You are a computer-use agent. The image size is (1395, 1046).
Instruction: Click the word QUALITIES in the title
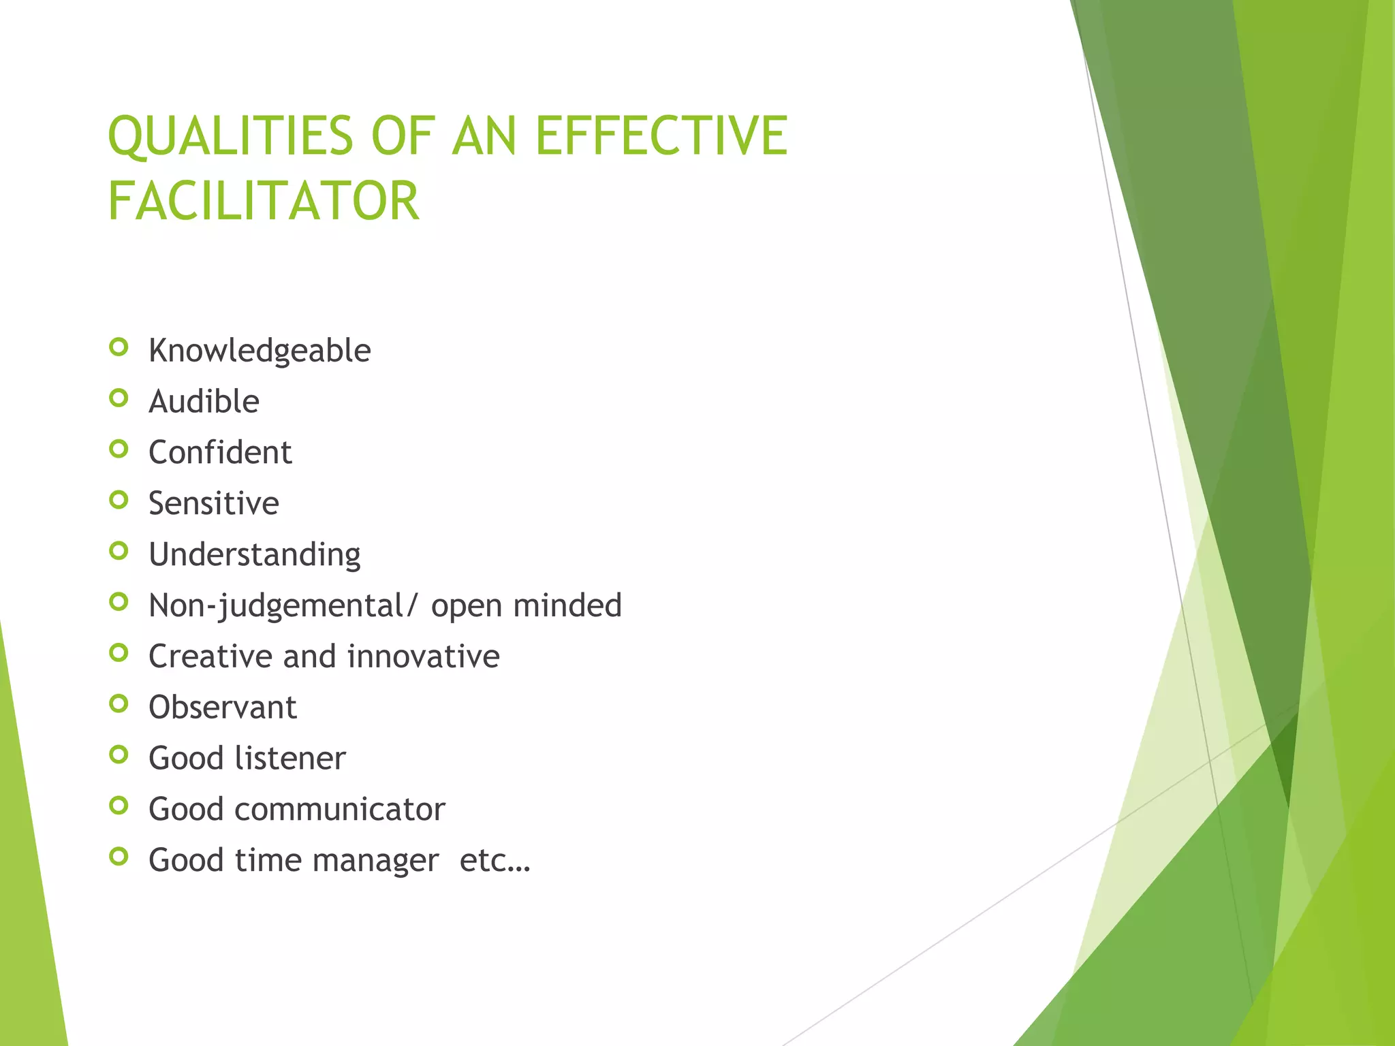[230, 136]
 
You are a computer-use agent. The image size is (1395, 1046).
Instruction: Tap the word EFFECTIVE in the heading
[661, 136]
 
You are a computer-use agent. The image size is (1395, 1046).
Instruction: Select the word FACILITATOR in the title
[264, 202]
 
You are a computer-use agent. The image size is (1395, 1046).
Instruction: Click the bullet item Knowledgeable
[260, 351]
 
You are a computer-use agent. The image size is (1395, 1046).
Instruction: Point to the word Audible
[204, 402]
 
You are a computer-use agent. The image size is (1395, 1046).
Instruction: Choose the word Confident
[220, 453]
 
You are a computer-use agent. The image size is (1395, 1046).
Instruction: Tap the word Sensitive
[214, 504]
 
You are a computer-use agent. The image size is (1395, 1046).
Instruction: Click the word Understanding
[255, 555]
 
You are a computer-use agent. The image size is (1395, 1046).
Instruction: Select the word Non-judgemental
[276, 606]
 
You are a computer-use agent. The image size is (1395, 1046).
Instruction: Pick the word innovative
[423, 656]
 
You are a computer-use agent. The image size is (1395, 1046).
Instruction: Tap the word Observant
[223, 708]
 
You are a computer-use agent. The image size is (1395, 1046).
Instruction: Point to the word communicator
[339, 810]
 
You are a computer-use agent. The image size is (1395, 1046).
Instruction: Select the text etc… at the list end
[495, 861]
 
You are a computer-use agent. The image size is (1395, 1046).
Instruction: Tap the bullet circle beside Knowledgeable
[119, 347]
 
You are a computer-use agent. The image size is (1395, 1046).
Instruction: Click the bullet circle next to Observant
[119, 703]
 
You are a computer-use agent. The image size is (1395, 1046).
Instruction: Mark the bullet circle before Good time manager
[119, 857]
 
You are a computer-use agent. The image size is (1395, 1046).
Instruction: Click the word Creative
[208, 656]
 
